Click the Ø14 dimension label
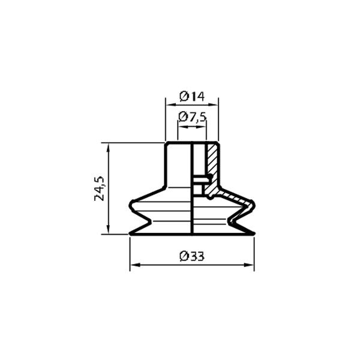192,95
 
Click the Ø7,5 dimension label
193,117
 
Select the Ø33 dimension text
192,256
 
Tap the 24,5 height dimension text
100,188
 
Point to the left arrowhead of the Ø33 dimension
133,264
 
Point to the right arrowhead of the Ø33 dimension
251,264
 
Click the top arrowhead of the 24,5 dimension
108,146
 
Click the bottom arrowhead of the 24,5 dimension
108,231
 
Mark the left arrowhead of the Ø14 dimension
169,104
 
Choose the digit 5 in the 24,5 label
100,179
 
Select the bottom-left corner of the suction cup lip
130,235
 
